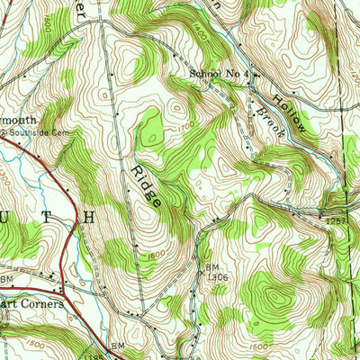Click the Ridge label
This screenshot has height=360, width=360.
pos(147,186)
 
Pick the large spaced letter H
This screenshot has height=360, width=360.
pos(89,217)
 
